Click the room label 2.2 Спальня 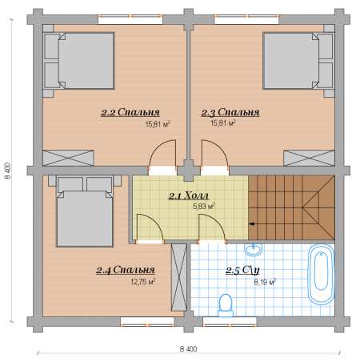(130, 112)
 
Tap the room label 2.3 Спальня (230, 112)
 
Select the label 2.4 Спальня (126, 270)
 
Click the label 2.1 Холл (189, 195)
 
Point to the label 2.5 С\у (242, 270)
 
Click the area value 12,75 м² (143, 282)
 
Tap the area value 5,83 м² (204, 206)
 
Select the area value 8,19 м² (265, 282)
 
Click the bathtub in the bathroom (321, 274)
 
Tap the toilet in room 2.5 (226, 305)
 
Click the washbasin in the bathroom (254, 250)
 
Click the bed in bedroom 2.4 (85, 211)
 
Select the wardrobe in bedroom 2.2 (68, 158)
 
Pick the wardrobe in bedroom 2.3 (309, 158)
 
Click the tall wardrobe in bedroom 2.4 (179, 277)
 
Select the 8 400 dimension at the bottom (189, 349)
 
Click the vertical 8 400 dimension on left (8, 171)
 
